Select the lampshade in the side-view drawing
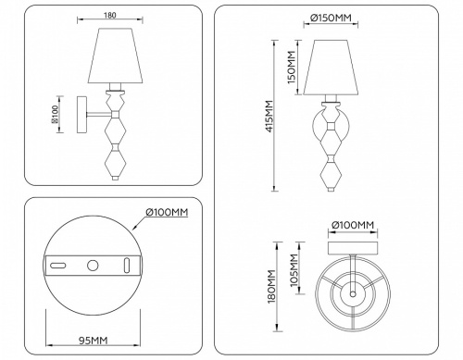[116, 58]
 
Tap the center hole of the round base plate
[93, 267]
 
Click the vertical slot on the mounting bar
[126, 267]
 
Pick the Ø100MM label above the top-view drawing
[352, 225]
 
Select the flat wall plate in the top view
[352, 245]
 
